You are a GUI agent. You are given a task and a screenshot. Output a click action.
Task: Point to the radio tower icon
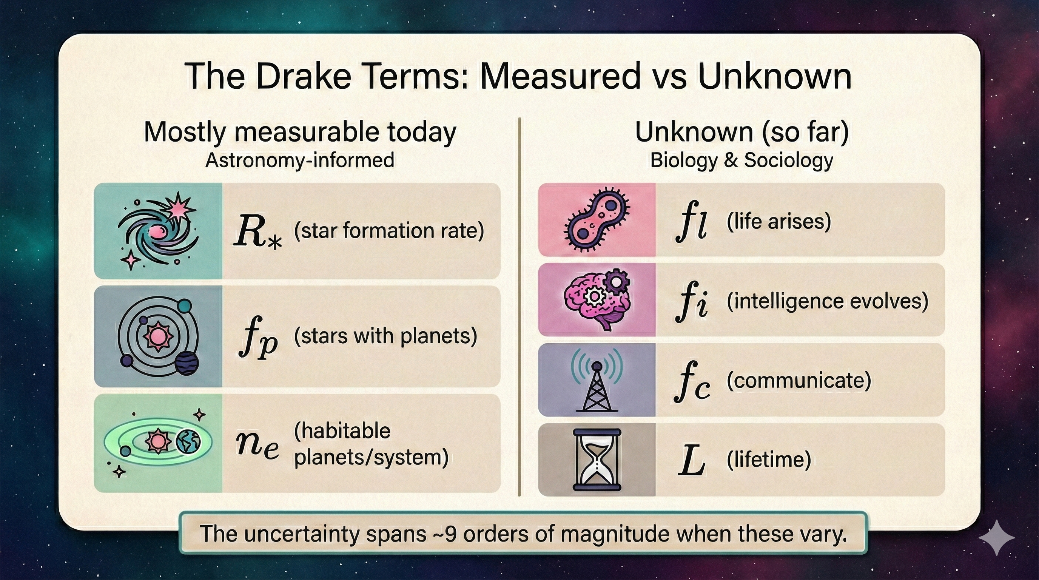pyautogui.click(x=597, y=380)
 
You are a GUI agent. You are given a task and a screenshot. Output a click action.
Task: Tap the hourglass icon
pyautogui.click(x=597, y=460)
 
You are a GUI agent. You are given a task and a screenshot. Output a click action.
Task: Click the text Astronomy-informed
pyautogui.click(x=300, y=160)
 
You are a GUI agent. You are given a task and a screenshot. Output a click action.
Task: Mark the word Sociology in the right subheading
pyautogui.click(x=788, y=160)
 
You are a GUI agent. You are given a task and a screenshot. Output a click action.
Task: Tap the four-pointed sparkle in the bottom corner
pyautogui.click(x=996, y=538)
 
